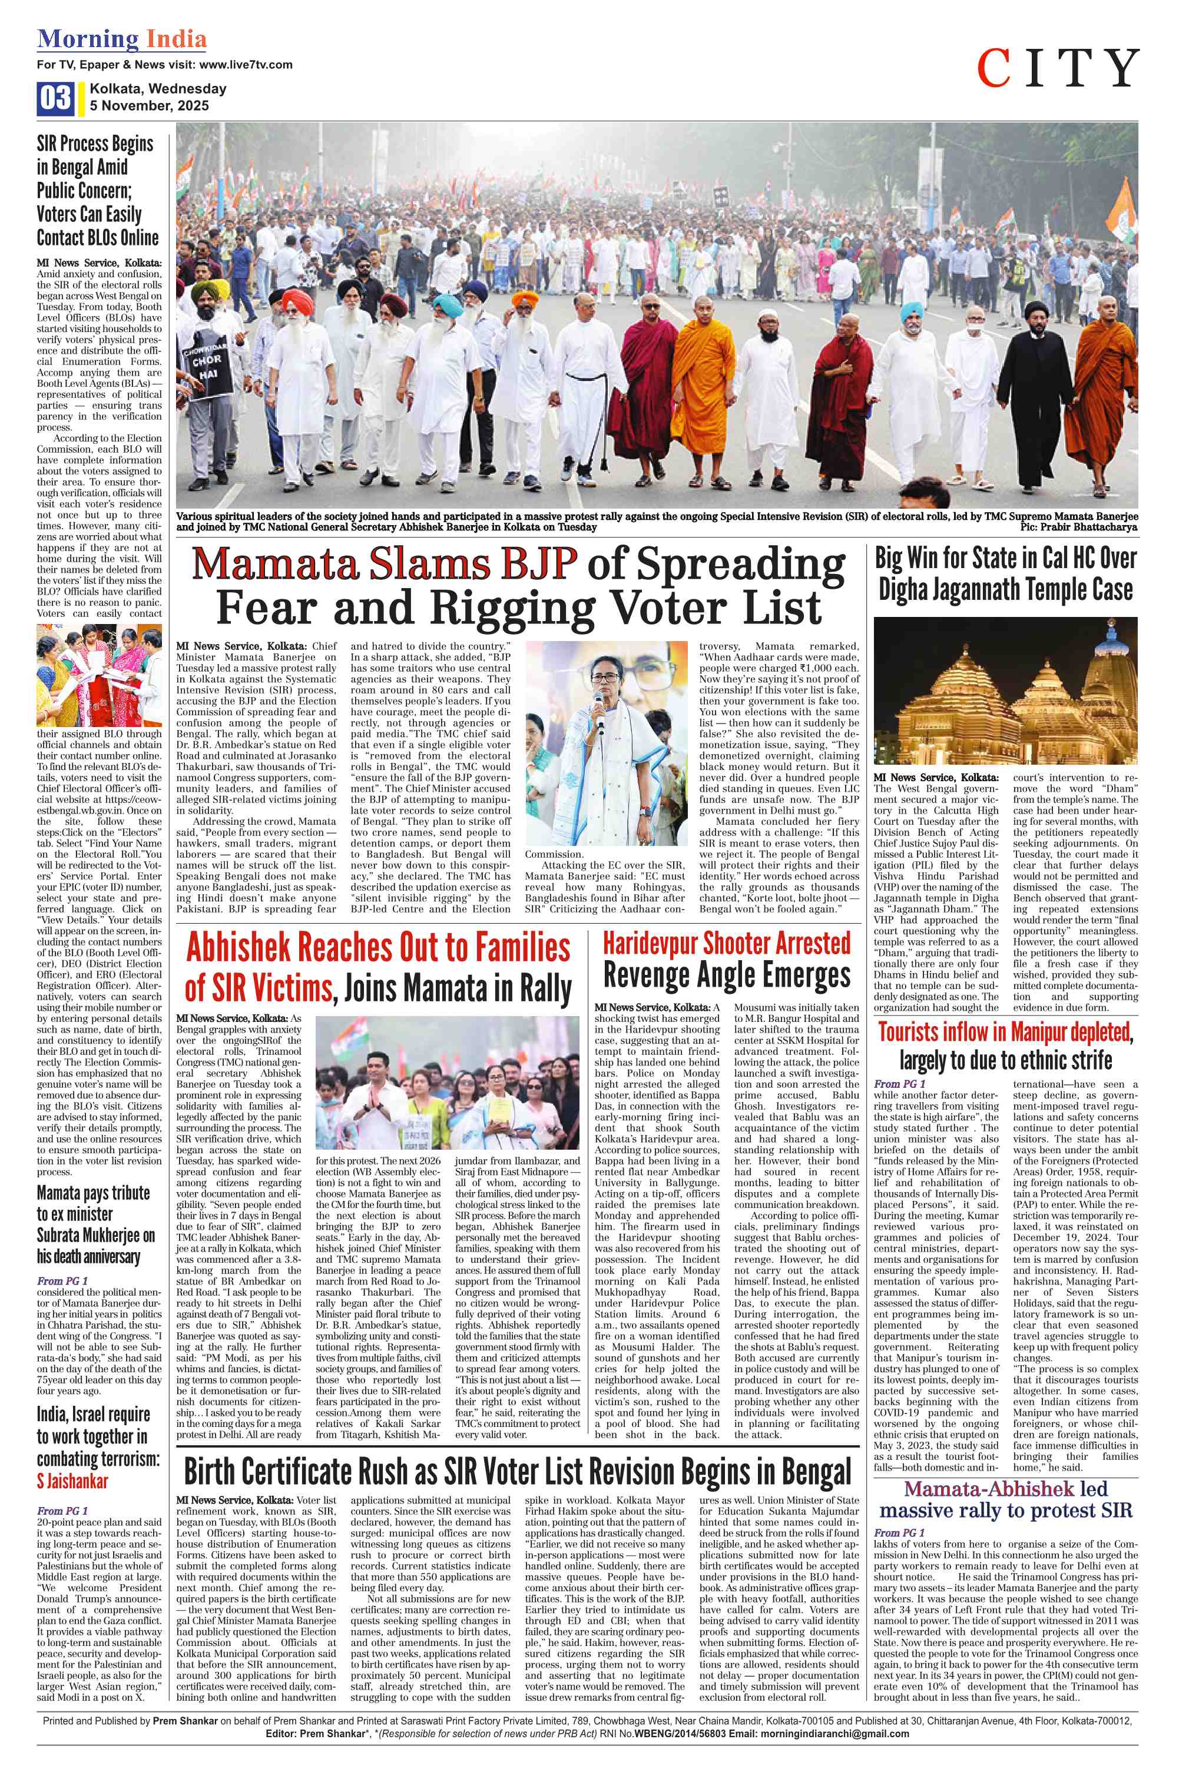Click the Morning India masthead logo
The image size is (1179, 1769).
(122, 39)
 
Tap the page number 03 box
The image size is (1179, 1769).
(55, 98)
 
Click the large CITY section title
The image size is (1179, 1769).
(1057, 68)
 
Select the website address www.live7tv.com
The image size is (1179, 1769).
(246, 65)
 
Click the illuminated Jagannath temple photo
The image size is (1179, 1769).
(1005, 691)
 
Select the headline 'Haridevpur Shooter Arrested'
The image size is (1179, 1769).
(726, 944)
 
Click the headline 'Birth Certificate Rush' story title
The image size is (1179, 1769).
(517, 1471)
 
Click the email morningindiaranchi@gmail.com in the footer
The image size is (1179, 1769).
(834, 1749)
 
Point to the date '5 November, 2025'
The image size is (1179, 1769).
(150, 106)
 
